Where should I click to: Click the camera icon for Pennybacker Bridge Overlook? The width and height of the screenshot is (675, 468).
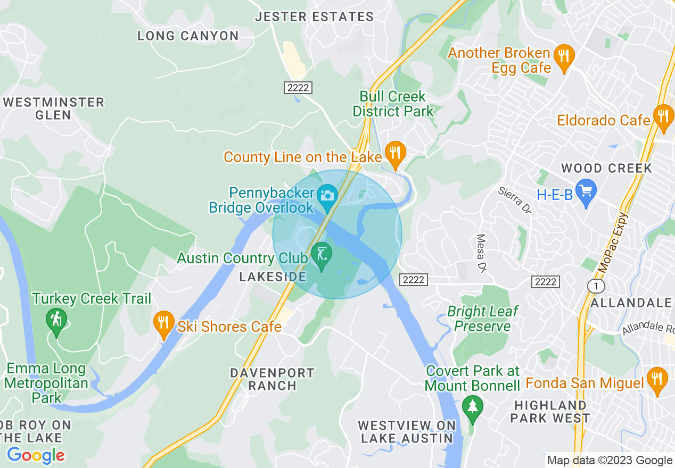coord(326,195)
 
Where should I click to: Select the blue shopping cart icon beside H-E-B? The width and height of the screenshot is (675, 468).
coord(586,192)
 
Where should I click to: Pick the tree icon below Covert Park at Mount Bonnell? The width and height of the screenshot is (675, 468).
coord(472,408)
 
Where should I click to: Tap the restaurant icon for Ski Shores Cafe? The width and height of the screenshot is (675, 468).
coord(163,323)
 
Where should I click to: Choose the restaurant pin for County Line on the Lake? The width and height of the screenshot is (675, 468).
coord(394,154)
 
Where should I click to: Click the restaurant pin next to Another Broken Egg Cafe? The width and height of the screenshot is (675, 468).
coord(563,56)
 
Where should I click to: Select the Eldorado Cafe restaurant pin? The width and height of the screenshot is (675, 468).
coord(663,116)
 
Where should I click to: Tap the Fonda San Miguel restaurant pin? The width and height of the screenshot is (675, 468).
coord(657,379)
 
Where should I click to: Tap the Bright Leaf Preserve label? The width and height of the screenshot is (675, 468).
coord(482,319)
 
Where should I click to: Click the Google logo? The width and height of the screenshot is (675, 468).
coord(36,455)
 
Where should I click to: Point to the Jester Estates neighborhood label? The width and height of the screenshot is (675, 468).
coord(314,17)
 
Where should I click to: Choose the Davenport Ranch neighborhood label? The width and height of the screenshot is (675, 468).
coord(272,379)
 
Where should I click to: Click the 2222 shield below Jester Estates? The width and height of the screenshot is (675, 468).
coord(298,88)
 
